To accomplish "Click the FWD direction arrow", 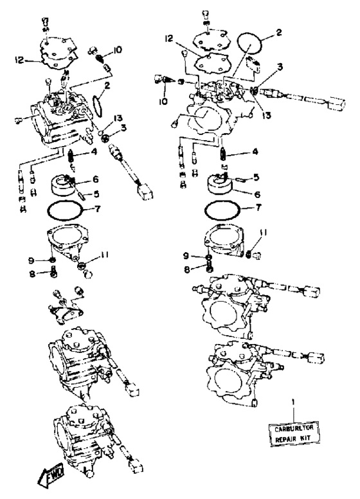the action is (51, 475).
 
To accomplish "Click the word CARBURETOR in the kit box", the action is (294, 429).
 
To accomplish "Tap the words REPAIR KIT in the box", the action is (292, 439).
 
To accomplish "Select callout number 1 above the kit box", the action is (293, 402).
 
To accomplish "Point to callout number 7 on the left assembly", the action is (97, 209).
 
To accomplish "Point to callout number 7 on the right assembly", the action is (258, 208).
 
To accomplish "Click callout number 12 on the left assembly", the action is (20, 60).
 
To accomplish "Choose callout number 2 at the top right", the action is (278, 33).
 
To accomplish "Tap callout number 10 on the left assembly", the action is (117, 50).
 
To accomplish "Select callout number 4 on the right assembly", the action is (255, 152).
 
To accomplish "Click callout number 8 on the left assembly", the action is (32, 274).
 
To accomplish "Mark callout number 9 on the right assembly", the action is (186, 255).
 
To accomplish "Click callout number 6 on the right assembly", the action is (257, 194).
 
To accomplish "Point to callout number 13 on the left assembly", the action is (118, 119).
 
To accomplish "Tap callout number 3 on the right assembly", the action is (280, 67).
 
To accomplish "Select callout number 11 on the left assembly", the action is (105, 255).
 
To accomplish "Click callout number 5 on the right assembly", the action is (256, 177).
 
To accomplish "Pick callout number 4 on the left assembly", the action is (93, 152).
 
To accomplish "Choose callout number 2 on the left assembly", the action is (107, 86).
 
